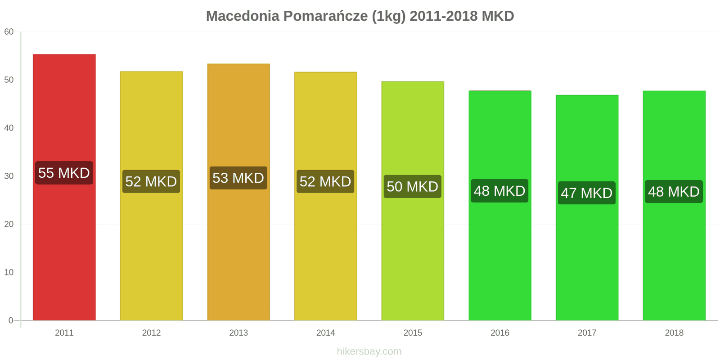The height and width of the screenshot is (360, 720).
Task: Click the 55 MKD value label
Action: pyautogui.click(x=64, y=173)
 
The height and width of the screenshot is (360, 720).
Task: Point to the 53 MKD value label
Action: pyautogui.click(x=238, y=178)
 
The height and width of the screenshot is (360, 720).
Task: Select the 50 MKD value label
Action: pyautogui.click(x=413, y=186)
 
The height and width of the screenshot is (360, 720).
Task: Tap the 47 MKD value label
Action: pyautogui.click(x=587, y=193)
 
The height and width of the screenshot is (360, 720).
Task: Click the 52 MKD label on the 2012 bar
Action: pyautogui.click(x=151, y=181)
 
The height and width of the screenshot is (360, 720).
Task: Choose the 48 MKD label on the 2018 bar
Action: pyautogui.click(x=674, y=192)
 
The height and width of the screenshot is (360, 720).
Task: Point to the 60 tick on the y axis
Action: pyautogui.click(x=9, y=32)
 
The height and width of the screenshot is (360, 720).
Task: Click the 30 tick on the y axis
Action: pyautogui.click(x=9, y=176)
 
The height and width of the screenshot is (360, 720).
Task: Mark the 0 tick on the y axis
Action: pyautogui.click(x=11, y=320)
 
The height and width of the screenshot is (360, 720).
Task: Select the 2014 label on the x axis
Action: pyautogui.click(x=325, y=333)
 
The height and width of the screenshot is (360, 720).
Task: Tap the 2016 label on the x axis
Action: pyautogui.click(x=499, y=333)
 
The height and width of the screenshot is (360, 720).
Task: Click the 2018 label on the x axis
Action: pyautogui.click(x=674, y=333)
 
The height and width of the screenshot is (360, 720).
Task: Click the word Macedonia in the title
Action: pyautogui.click(x=243, y=16)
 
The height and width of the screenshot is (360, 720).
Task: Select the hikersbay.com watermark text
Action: pyautogui.click(x=369, y=351)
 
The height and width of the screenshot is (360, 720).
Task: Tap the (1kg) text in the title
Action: pyautogui.click(x=388, y=16)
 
